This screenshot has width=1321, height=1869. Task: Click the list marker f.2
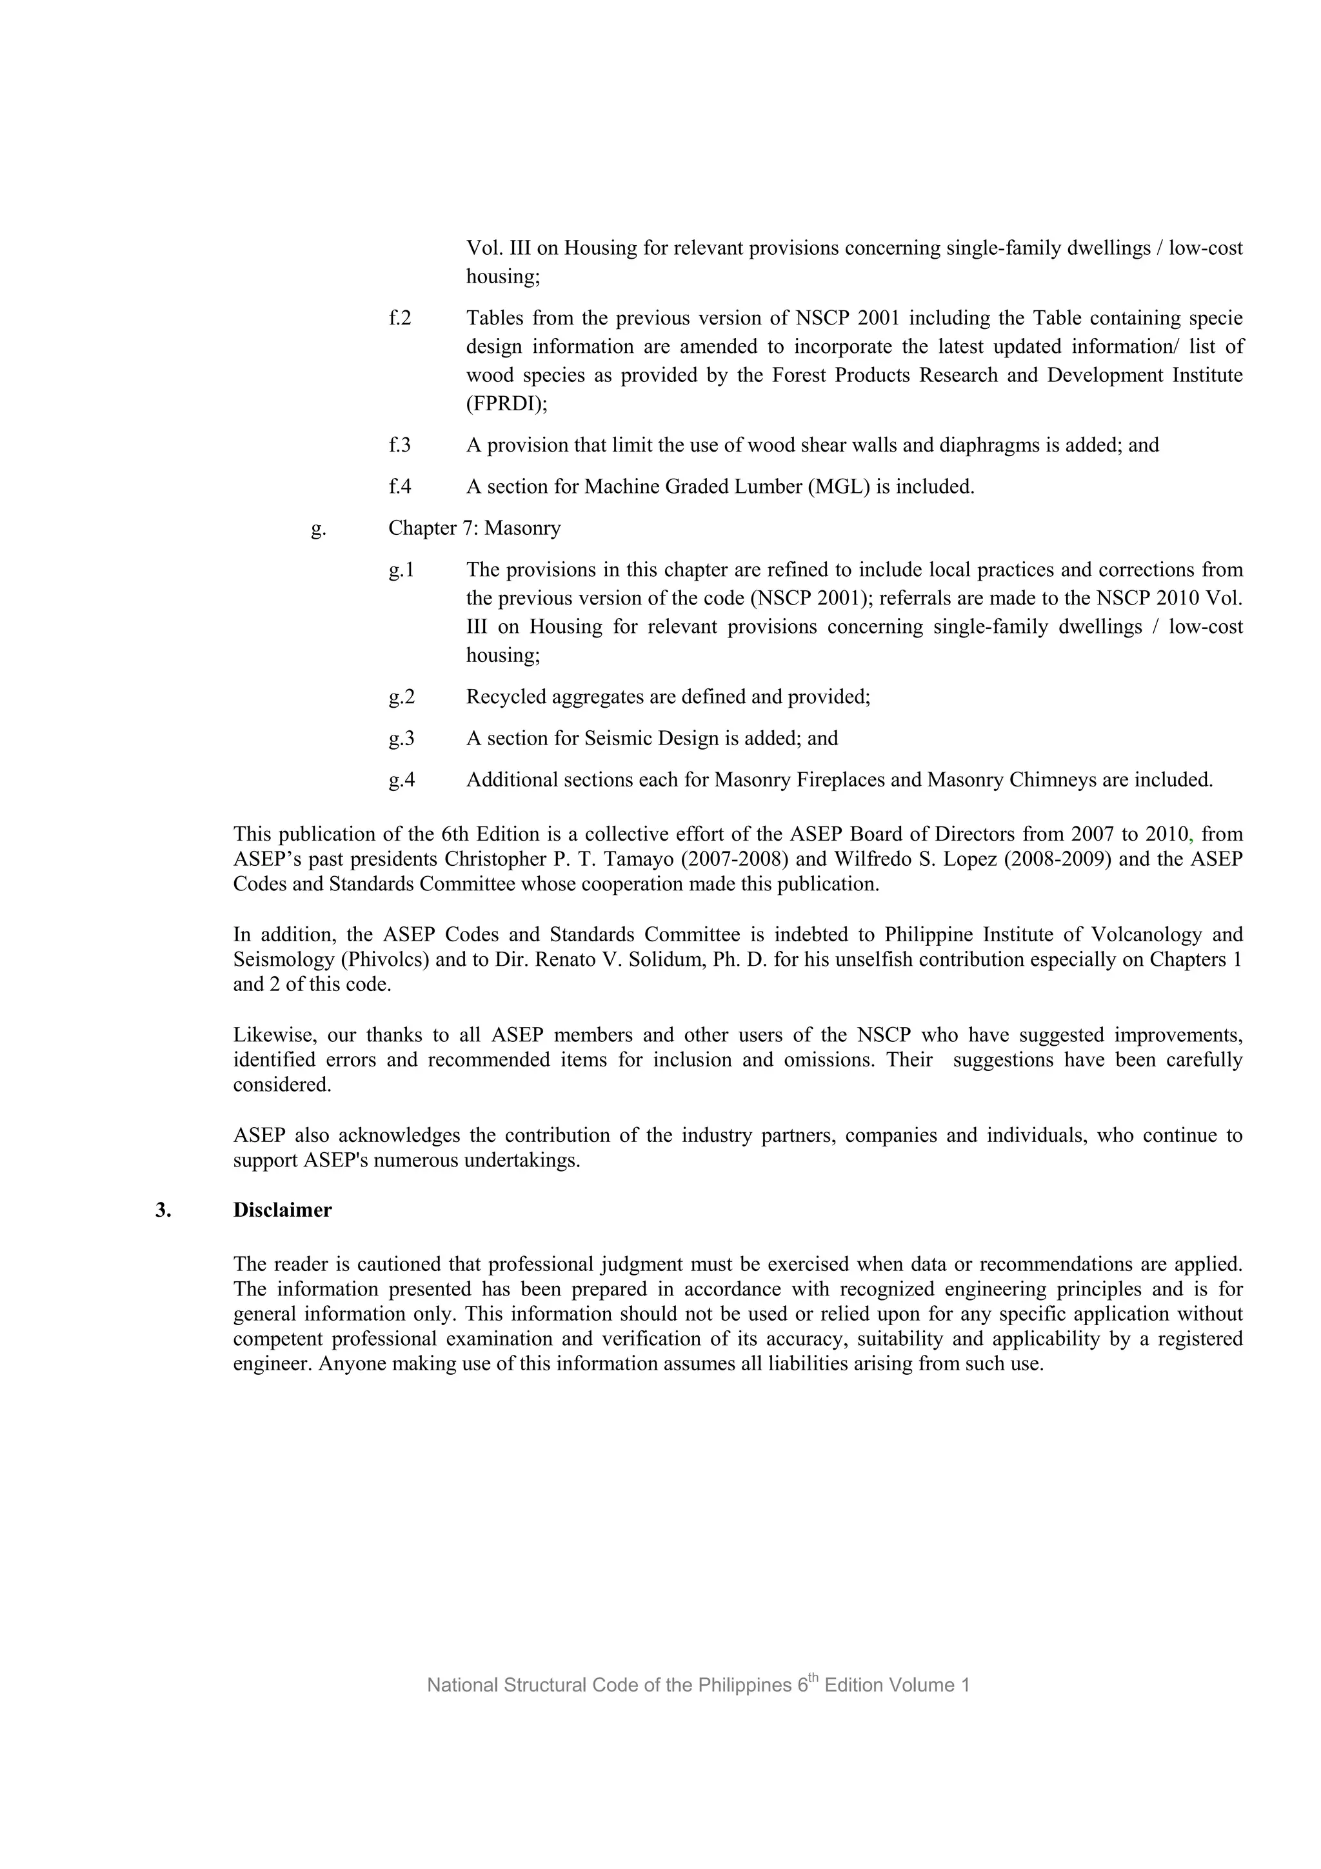pos(400,318)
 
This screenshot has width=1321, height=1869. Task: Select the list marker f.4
pos(400,487)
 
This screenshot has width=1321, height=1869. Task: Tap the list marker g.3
pos(401,738)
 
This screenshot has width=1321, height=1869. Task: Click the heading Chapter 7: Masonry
pos(475,528)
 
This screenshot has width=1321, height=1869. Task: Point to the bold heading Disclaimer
pos(283,1210)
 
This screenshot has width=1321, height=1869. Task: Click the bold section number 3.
pos(163,1210)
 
